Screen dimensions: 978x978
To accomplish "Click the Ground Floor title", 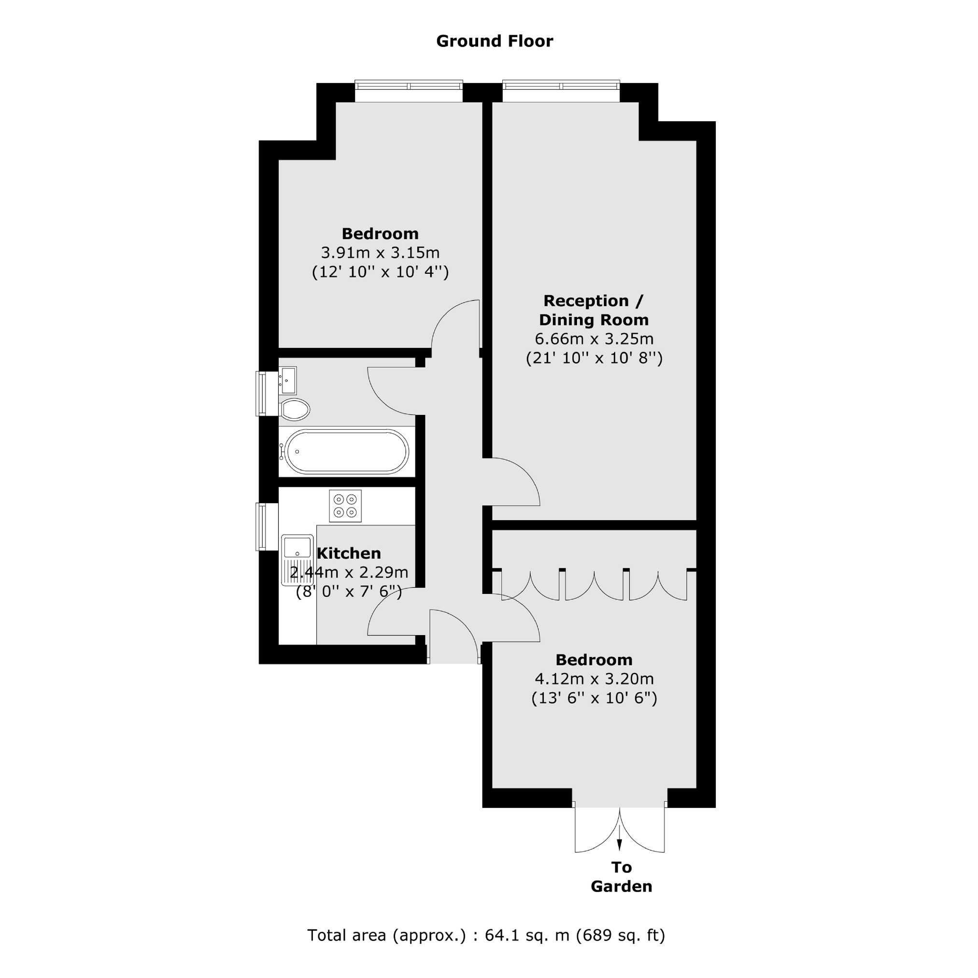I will tap(494, 41).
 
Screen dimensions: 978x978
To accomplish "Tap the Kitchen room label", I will tap(348, 553).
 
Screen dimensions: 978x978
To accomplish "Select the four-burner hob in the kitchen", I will tap(345, 506).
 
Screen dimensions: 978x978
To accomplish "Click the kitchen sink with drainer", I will tap(297, 560).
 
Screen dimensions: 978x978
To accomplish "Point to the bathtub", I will tap(347, 451).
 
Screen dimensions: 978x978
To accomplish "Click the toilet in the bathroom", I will tap(295, 410).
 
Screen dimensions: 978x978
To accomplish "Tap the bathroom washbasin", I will tap(288, 380).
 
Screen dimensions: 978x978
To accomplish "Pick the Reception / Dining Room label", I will tap(593, 310).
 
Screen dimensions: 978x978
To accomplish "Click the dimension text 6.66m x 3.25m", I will tap(594, 339).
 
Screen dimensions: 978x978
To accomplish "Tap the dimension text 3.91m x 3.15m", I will tap(380, 252).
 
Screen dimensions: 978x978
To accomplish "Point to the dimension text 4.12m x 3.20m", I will tap(594, 679).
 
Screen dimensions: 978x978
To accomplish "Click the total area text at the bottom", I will tap(486, 935).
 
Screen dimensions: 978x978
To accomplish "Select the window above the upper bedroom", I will tap(409, 85).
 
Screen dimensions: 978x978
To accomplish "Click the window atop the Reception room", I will tap(561, 85).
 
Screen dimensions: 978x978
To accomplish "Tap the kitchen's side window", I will tap(261, 526).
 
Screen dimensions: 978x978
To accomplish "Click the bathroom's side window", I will tap(261, 393).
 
